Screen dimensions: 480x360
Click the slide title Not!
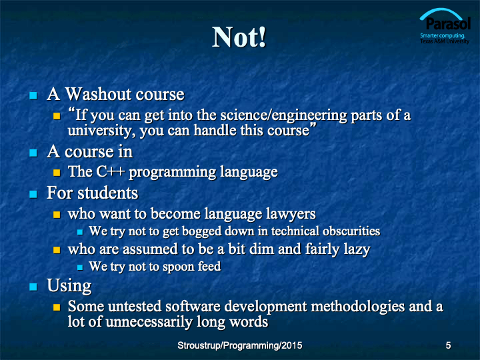pos(239,37)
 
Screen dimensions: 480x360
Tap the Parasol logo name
pos(448,24)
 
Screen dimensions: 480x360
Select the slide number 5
pos(448,345)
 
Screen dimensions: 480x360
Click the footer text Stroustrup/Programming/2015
pos(240,345)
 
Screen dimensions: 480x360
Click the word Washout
pos(98,94)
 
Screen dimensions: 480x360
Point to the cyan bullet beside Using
pos(33,287)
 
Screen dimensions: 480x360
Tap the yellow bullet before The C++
pos(57,173)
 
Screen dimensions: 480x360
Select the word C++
pos(110,171)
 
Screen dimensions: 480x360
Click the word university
pos(101,131)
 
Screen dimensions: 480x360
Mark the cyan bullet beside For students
pos(33,195)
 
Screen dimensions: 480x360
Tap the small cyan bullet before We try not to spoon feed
pos(80,267)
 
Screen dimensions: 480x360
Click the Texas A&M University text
pos(445,41)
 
